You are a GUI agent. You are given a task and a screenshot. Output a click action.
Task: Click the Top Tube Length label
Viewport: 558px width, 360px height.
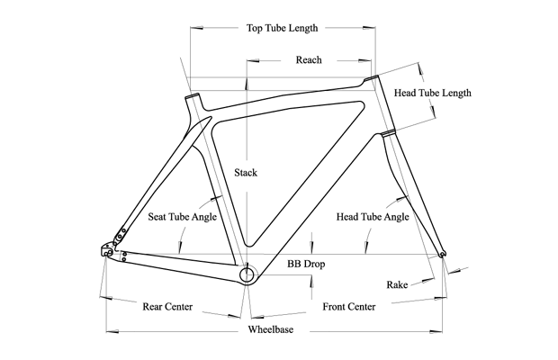pyautogui.click(x=282, y=28)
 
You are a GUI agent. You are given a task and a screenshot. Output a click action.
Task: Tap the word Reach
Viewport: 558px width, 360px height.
pyautogui.click(x=309, y=60)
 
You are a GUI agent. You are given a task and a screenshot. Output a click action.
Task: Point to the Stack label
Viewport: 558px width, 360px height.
pyautogui.click(x=245, y=173)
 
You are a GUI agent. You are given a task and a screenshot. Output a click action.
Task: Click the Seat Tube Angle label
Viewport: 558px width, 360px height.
pyautogui.click(x=181, y=217)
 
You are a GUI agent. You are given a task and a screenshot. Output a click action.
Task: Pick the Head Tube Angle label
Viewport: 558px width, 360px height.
pyautogui.click(x=373, y=217)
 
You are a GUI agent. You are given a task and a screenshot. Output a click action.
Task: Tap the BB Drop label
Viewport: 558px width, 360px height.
pyautogui.click(x=305, y=265)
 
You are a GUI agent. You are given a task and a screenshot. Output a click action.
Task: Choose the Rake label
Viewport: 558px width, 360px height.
pyautogui.click(x=397, y=284)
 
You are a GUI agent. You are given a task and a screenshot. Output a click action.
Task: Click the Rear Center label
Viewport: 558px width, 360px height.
pyautogui.click(x=167, y=306)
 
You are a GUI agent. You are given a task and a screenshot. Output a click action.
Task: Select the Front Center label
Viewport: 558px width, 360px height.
pyautogui.click(x=348, y=306)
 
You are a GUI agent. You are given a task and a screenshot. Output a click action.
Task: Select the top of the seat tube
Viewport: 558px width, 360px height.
pyautogui.click(x=191, y=96)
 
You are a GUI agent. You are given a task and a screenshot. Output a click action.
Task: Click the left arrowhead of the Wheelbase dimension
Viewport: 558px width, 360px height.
pyautogui.click(x=111, y=329)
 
